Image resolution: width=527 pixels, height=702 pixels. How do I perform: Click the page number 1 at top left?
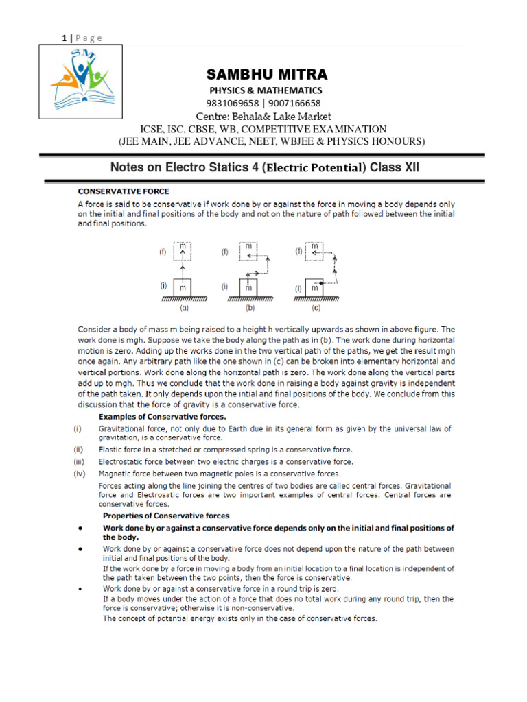[63, 38]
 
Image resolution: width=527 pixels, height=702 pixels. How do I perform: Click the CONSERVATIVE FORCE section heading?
[123, 191]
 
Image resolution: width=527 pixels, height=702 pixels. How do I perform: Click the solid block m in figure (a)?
[183, 289]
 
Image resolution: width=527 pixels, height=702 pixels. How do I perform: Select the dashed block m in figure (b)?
[248, 251]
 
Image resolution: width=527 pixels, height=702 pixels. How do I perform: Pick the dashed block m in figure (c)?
[314, 251]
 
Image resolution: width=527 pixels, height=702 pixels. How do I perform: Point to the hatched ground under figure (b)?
[250, 300]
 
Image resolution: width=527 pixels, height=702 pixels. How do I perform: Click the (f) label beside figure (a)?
[163, 252]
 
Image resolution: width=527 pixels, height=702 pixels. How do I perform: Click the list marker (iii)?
[80, 462]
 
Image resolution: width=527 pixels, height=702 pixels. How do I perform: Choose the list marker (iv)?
[80, 474]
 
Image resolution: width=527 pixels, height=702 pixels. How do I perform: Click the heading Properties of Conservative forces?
[166, 515]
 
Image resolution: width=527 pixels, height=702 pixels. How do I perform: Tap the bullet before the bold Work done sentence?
[81, 529]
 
